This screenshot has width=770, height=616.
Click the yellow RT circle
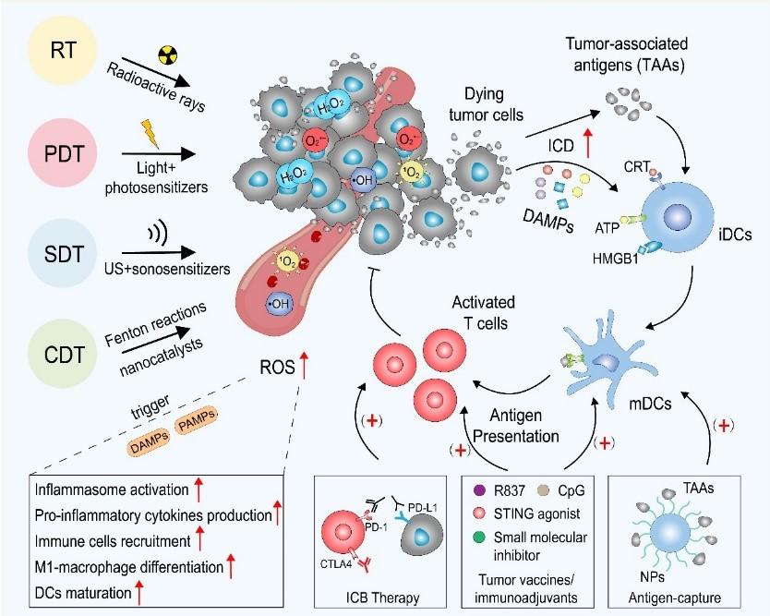pyautogui.click(x=63, y=50)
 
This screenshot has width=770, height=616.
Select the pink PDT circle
pyautogui.click(x=64, y=153)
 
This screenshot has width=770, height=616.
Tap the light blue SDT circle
pyautogui.click(x=63, y=254)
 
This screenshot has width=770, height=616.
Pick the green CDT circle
pyautogui.click(x=64, y=355)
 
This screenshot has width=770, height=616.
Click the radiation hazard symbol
pyautogui.click(x=167, y=55)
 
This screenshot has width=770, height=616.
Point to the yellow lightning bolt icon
pyautogui.click(x=150, y=134)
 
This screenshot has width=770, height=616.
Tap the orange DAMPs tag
pyautogui.click(x=150, y=442)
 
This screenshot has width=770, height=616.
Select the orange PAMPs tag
pyautogui.click(x=197, y=421)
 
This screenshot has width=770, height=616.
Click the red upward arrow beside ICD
pyautogui.click(x=588, y=143)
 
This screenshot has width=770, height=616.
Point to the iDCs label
pyautogui.click(x=735, y=235)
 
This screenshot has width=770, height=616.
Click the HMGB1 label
pyautogui.click(x=615, y=259)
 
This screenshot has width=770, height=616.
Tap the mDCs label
pyautogui.click(x=650, y=404)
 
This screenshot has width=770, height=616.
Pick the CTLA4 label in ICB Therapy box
pyautogui.click(x=336, y=564)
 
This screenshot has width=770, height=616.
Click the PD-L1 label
pyautogui.click(x=423, y=507)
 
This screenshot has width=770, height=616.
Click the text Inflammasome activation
pyautogui.click(x=112, y=489)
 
